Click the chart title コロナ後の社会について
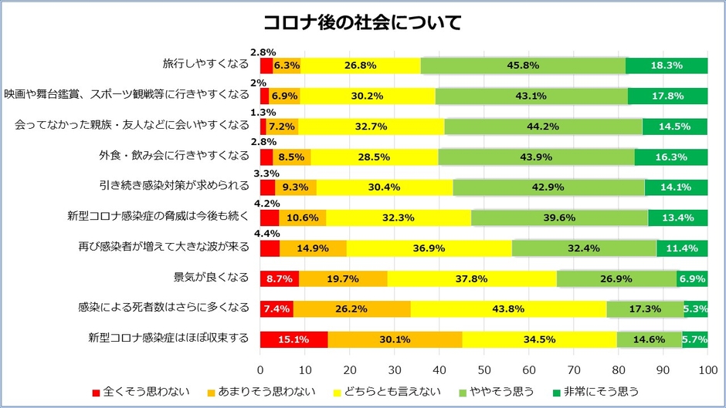(362, 22)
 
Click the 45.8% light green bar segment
(523, 66)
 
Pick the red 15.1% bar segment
(293, 339)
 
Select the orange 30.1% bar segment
(395, 339)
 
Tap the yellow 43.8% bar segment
(508, 309)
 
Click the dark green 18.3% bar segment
(667, 66)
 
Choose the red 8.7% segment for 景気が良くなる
(279, 278)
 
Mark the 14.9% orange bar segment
(313, 248)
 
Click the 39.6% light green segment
(559, 217)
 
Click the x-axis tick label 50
(483, 369)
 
